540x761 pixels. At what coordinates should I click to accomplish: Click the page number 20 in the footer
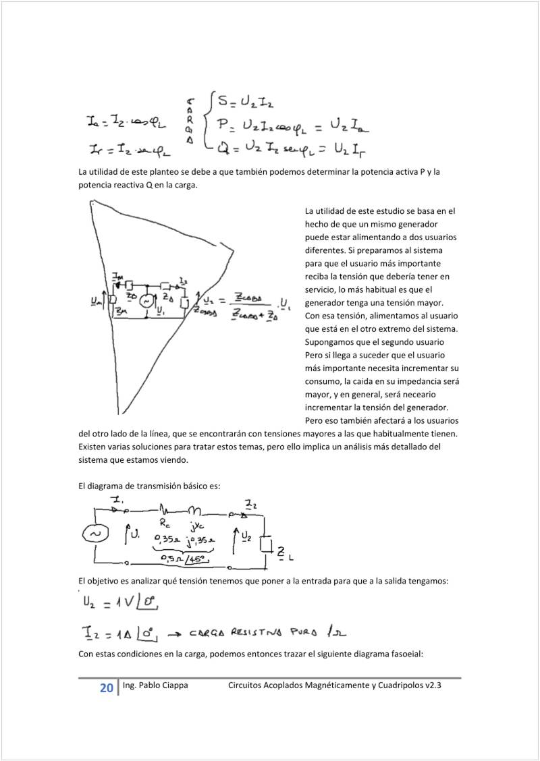(107, 688)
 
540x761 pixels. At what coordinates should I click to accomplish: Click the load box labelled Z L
(266, 545)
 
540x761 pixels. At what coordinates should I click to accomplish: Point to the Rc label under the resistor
(165, 523)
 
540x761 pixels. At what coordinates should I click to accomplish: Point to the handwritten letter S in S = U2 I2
(222, 103)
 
